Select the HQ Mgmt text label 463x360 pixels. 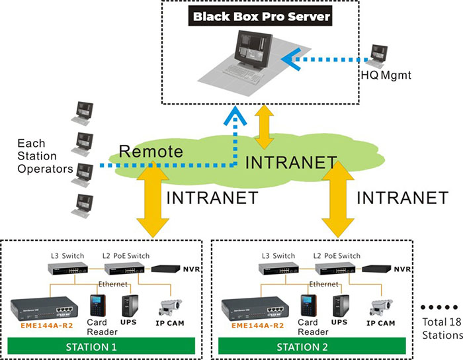point(390,76)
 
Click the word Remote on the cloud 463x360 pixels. point(151,151)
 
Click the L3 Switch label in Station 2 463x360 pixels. point(274,255)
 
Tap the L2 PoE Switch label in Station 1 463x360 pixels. point(126,255)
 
